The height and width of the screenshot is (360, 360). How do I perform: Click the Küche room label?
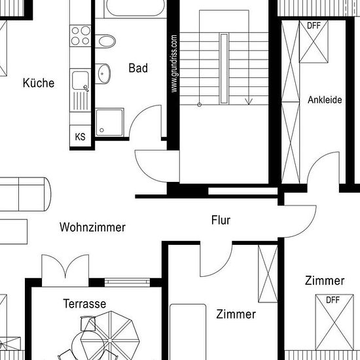[x=39, y=82]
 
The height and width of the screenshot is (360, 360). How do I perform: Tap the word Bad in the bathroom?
[x=138, y=68]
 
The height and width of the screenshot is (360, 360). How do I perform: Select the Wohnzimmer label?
[x=92, y=227]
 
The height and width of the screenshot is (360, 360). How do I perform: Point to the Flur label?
[x=221, y=220]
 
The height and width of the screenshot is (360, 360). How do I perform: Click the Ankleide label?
[x=325, y=99]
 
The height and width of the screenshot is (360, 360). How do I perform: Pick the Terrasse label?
[x=84, y=304]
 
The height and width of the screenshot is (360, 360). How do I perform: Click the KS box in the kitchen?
[x=80, y=137]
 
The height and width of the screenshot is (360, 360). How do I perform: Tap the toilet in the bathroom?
[x=105, y=41]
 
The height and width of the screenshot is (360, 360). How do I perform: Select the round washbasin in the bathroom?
[x=103, y=74]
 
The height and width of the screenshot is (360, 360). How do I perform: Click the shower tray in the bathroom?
[x=109, y=122]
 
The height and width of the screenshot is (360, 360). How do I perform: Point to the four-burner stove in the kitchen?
[x=81, y=36]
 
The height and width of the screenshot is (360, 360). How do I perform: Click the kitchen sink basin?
[x=81, y=81]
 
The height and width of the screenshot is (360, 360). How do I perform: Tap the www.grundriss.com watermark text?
[x=174, y=63]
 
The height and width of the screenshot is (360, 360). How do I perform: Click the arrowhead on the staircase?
[x=249, y=101]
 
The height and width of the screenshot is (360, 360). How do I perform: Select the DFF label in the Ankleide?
[x=314, y=26]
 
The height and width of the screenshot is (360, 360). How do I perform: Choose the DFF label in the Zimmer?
[x=333, y=300]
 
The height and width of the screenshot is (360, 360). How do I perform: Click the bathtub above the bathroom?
[x=135, y=8]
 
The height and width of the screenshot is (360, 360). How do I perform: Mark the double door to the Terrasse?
[x=65, y=270]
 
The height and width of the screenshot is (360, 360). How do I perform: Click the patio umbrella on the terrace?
[x=110, y=338]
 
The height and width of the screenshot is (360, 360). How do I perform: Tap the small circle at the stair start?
[x=199, y=105]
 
